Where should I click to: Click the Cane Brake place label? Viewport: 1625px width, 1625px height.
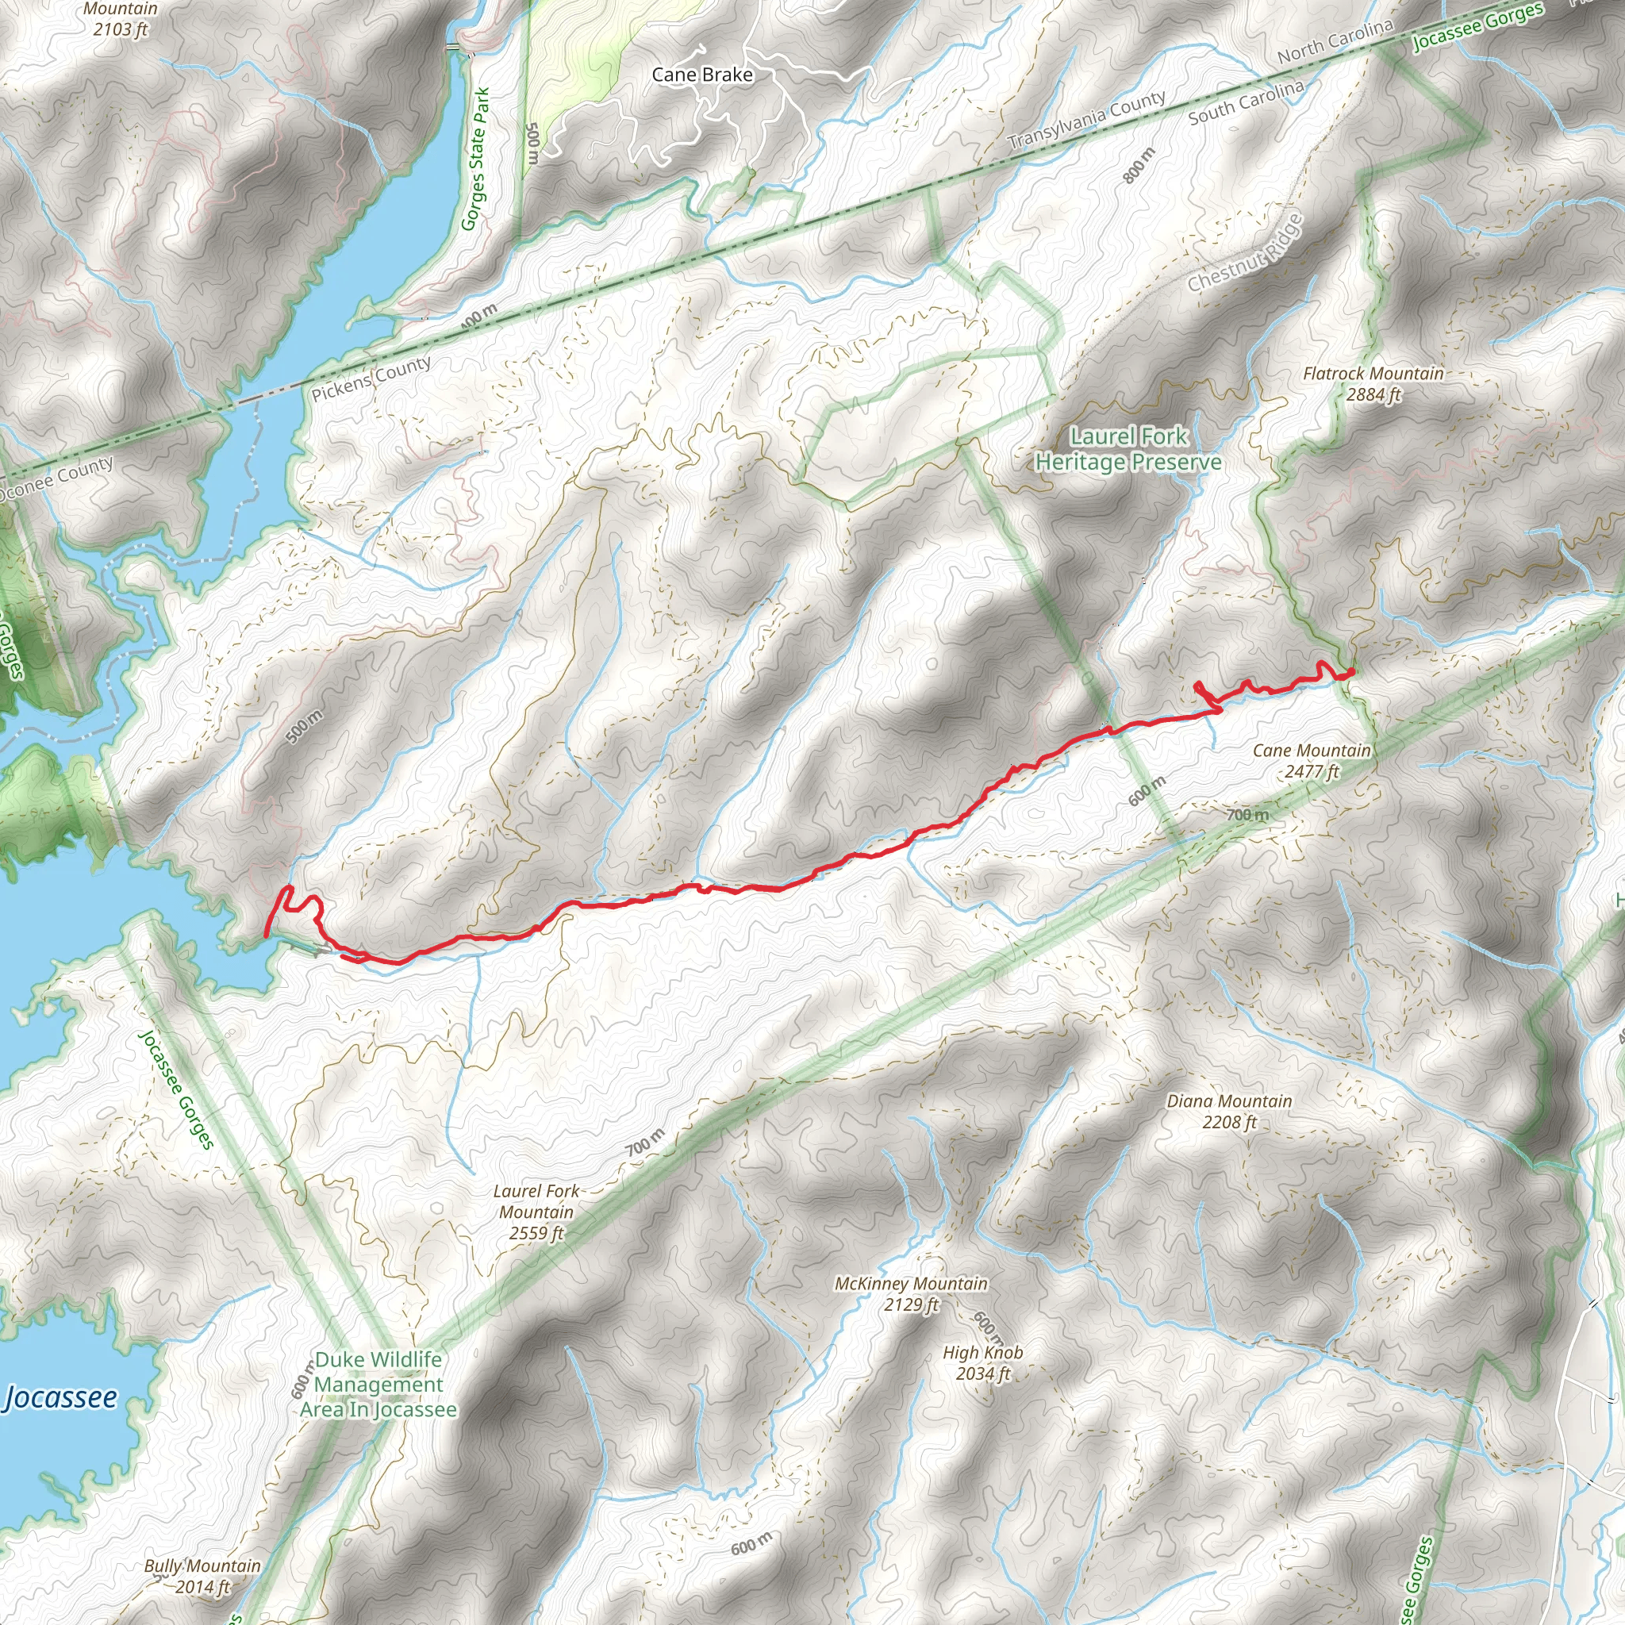pyautogui.click(x=702, y=75)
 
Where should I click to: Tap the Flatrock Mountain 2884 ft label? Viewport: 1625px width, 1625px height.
pyautogui.click(x=1373, y=383)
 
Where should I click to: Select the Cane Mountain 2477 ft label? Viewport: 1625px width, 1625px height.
pyautogui.click(x=1312, y=760)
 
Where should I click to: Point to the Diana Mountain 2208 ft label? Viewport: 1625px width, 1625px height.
pyautogui.click(x=1229, y=1111)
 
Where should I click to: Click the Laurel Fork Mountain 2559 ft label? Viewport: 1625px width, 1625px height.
pyautogui.click(x=536, y=1212)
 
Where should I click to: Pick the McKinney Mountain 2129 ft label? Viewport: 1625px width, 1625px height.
pyautogui.click(x=911, y=1293)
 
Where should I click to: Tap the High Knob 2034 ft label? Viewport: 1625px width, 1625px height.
pyautogui.click(x=982, y=1362)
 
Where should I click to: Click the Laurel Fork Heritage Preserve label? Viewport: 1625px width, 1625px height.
pyautogui.click(x=1128, y=449)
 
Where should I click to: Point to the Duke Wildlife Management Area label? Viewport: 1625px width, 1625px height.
pyautogui.click(x=378, y=1385)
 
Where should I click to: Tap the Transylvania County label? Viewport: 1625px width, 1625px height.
pyautogui.click(x=1087, y=121)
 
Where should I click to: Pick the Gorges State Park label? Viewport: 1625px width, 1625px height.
pyautogui.click(x=475, y=159)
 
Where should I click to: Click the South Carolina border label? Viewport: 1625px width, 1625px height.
pyautogui.click(x=1246, y=102)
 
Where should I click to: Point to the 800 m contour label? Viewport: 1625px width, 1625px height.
pyautogui.click(x=1139, y=165)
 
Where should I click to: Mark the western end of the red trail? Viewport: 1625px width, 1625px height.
pyautogui.click(x=267, y=935)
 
